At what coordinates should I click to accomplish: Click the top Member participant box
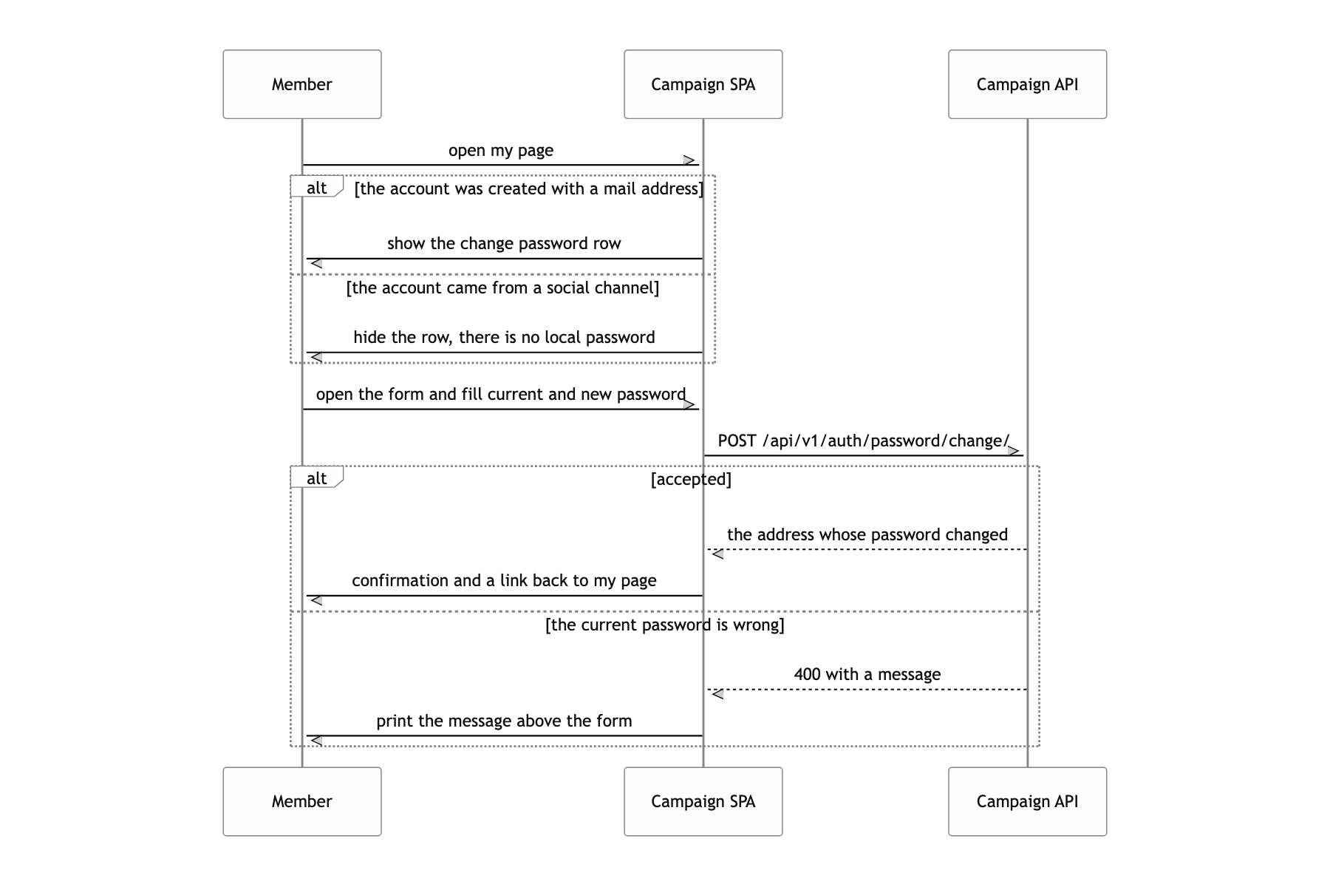click(302, 84)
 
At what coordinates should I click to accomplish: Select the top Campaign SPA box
click(703, 84)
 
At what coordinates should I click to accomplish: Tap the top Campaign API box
click(1028, 84)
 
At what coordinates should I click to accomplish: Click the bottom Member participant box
click(302, 801)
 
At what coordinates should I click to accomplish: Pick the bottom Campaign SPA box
click(703, 801)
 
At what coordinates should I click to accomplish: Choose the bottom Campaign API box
click(1028, 801)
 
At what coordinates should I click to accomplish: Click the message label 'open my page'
click(501, 151)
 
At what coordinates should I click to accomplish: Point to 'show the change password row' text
click(504, 244)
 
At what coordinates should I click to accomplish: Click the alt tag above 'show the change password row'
click(317, 186)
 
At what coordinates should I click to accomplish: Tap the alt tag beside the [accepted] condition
click(317, 478)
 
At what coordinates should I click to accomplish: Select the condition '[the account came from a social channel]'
click(502, 288)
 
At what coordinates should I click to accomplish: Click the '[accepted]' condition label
click(691, 480)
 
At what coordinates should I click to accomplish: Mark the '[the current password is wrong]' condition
click(665, 625)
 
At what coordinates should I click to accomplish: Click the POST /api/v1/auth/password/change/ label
click(864, 441)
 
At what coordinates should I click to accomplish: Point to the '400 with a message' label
click(867, 675)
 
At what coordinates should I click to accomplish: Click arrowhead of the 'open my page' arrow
click(692, 160)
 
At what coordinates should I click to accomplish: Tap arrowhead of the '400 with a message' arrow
click(715, 694)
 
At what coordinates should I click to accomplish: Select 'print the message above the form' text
click(504, 721)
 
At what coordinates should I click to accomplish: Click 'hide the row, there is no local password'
click(504, 338)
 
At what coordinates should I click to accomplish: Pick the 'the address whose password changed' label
click(867, 535)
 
